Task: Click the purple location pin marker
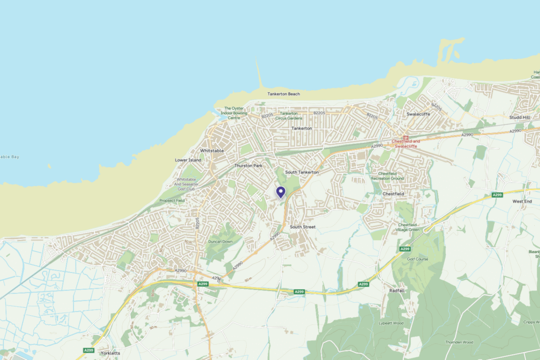[x=281, y=192]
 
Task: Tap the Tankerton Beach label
[x=283, y=94]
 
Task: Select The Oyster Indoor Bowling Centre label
[x=234, y=113]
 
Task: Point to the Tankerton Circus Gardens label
[x=289, y=115]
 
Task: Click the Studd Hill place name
[x=519, y=117]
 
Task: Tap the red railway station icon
[x=406, y=138]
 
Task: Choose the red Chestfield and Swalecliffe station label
[x=406, y=143]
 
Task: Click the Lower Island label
[x=188, y=160]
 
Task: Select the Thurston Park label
[x=248, y=166]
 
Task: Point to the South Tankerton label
[x=302, y=172]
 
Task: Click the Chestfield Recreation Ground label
[x=388, y=176]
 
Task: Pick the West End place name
[x=522, y=201]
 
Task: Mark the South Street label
[x=303, y=227]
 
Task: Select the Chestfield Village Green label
[x=409, y=227]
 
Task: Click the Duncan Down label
[x=220, y=241]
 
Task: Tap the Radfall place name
[x=397, y=290]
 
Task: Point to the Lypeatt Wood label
[x=391, y=323]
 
